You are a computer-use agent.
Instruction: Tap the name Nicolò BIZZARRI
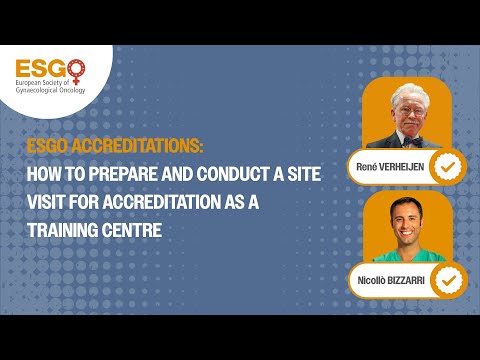pos(389,278)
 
